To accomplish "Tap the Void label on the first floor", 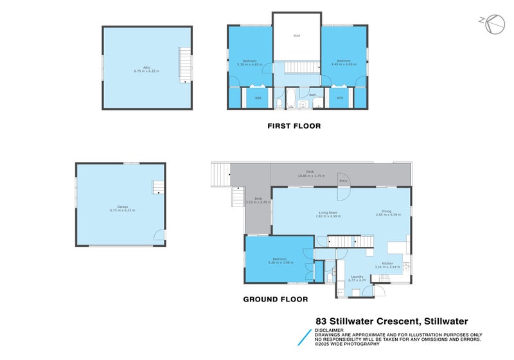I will [296, 35].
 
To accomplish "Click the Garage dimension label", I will [122, 211].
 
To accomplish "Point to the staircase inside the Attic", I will [184, 65].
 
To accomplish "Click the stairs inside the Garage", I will [158, 187].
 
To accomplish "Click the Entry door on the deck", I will [343, 180].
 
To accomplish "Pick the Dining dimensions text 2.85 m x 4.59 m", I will [388, 215].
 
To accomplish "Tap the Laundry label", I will [357, 276].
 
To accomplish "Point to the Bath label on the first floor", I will [312, 95].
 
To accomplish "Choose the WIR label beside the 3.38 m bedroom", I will [258, 98].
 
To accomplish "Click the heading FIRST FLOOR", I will [294, 126].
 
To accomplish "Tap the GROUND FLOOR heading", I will [275, 299].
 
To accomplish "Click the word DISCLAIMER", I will [329, 330].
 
